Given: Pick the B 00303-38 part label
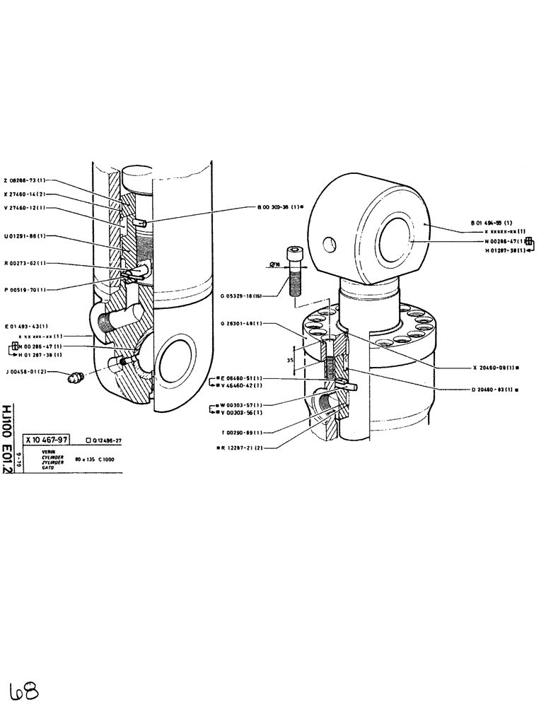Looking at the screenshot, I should pos(280,207).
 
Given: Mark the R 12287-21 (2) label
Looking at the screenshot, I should pos(243,448).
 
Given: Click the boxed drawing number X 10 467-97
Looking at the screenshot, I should pos(48,439).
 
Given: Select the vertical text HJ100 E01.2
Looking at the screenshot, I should pos(8,439).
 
